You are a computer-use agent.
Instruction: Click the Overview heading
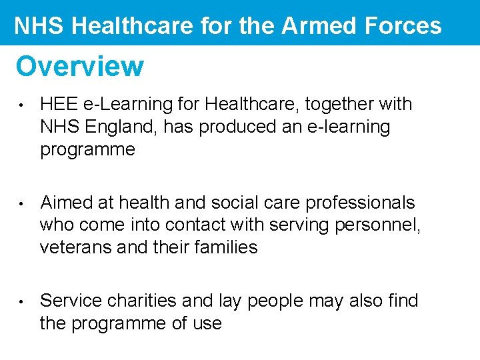tap(79, 66)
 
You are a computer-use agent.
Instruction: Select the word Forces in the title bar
tap(405, 25)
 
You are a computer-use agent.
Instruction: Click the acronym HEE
tap(59, 104)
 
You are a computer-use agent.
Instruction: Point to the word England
tap(124, 127)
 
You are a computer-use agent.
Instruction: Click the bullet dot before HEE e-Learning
tap(22, 105)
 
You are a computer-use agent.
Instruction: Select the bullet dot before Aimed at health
tap(22, 203)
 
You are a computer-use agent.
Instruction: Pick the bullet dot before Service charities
tap(22, 301)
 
